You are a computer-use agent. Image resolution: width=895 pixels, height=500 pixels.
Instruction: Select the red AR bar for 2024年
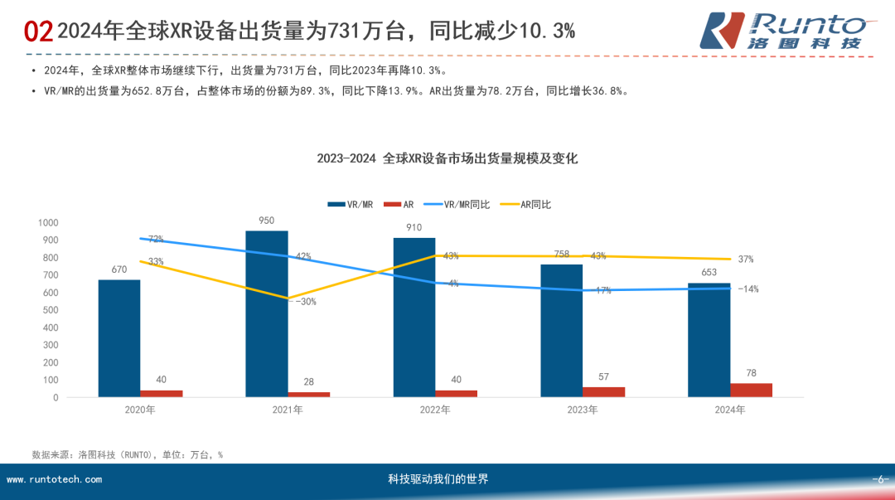tap(751, 390)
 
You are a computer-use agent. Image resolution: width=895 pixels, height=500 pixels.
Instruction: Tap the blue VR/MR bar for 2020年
tap(119, 338)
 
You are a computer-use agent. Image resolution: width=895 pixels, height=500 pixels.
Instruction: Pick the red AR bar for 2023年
tap(603, 391)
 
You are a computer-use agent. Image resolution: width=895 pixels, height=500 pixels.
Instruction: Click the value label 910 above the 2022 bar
tap(414, 227)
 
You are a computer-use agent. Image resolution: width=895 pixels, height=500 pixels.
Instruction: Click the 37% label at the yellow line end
tap(746, 260)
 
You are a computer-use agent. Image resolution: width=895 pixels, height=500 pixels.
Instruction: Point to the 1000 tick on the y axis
tap(48, 223)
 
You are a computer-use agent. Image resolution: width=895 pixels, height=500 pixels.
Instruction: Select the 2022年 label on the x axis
tap(435, 410)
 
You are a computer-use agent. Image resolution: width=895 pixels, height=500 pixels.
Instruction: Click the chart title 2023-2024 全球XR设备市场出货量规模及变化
tap(447, 158)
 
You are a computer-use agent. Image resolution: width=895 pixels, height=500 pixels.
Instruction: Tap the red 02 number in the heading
tap(38, 32)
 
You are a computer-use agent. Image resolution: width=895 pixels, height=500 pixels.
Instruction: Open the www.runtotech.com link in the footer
tap(55, 479)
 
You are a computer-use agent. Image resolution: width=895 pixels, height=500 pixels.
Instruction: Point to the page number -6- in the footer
tap(880, 479)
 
